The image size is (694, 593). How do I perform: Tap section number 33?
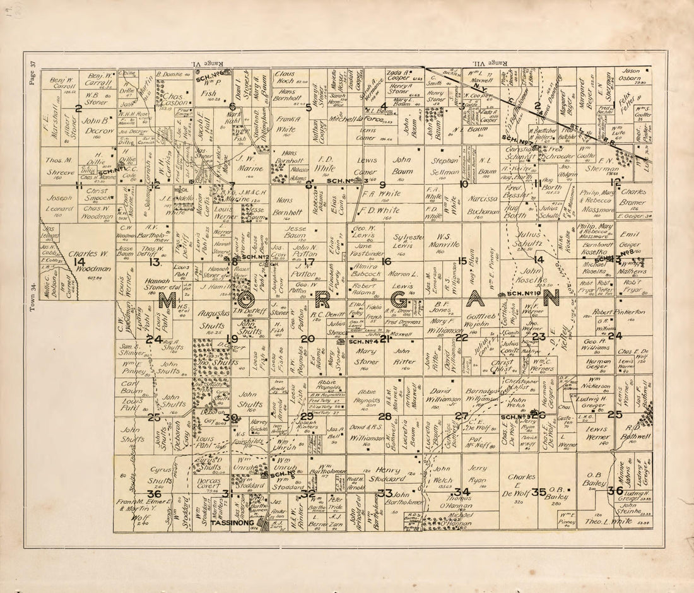pos(385,492)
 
